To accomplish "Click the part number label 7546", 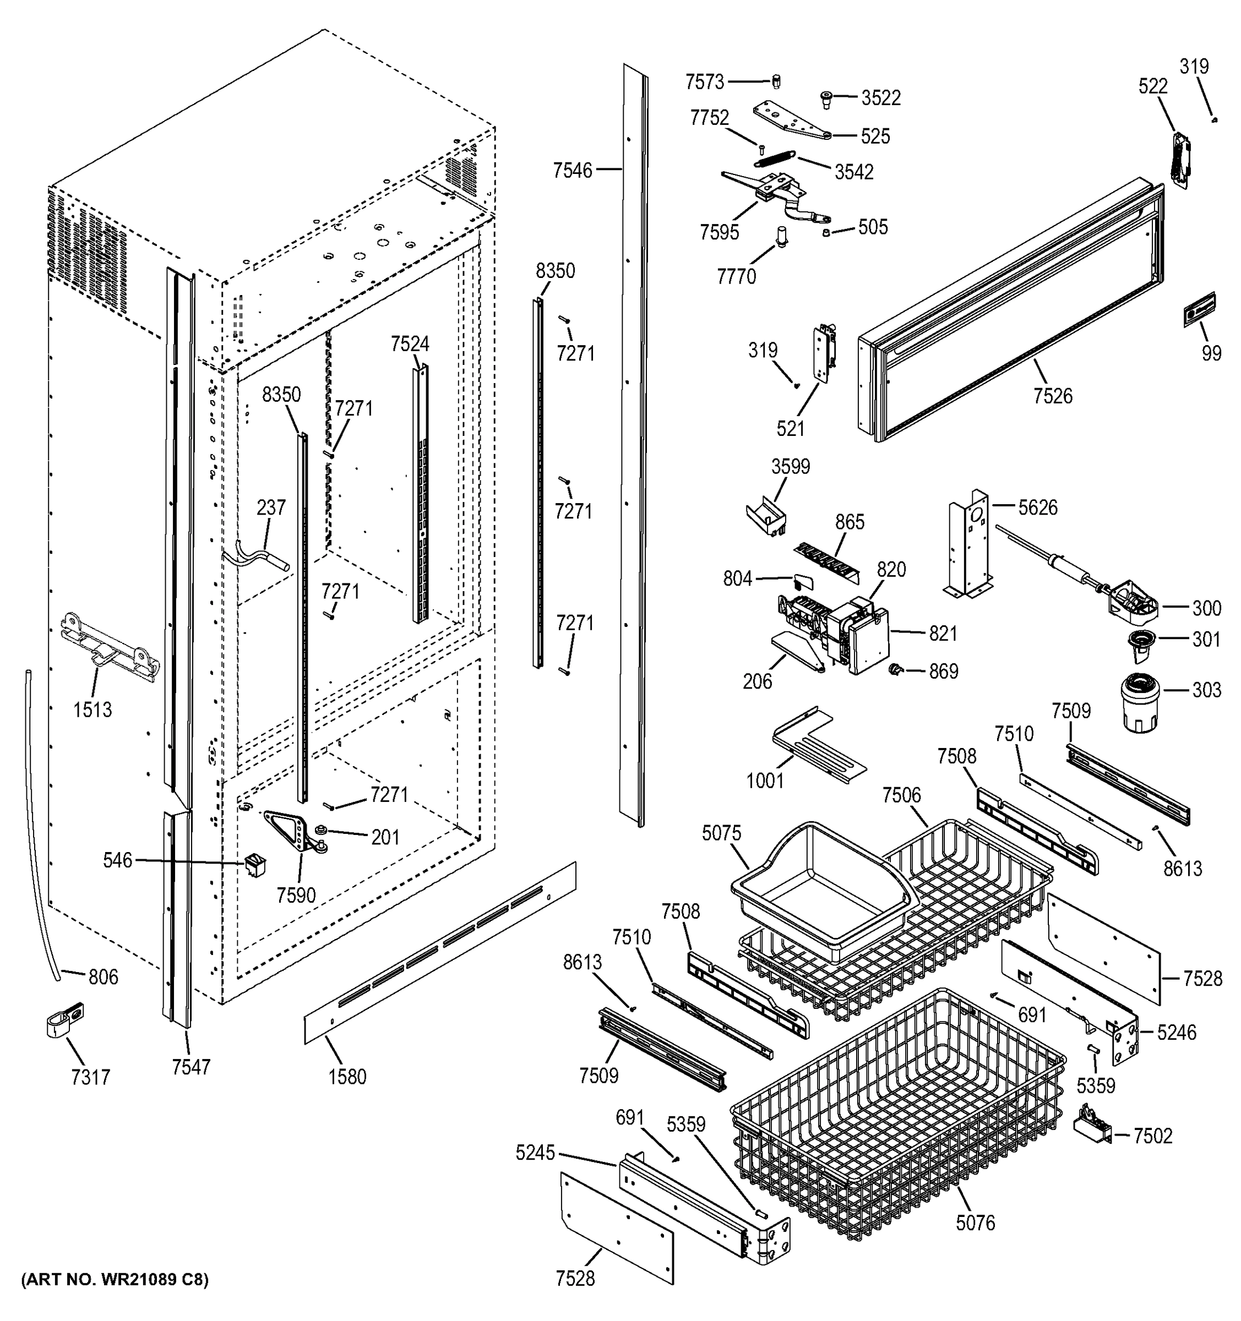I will click(571, 171).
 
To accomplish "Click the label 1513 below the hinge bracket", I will click(92, 709).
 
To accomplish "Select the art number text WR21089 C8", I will click(115, 1279).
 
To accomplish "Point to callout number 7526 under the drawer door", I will click(1052, 396).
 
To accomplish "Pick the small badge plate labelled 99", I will click(1199, 310).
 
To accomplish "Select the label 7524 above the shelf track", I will click(410, 344).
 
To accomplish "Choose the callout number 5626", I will click(1038, 507).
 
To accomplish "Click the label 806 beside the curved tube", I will click(103, 977).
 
